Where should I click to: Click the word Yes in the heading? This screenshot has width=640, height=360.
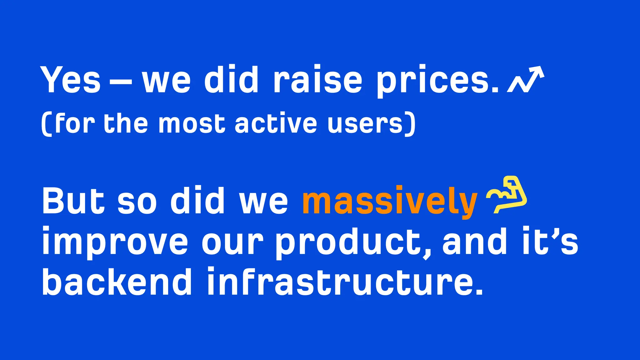tap(71, 80)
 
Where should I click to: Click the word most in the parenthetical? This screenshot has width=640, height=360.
tap(192, 124)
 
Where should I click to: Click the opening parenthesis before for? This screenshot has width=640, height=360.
tap(46, 124)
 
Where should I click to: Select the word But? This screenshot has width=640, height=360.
tap(73, 201)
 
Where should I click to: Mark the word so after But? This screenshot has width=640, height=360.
tap(137, 202)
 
